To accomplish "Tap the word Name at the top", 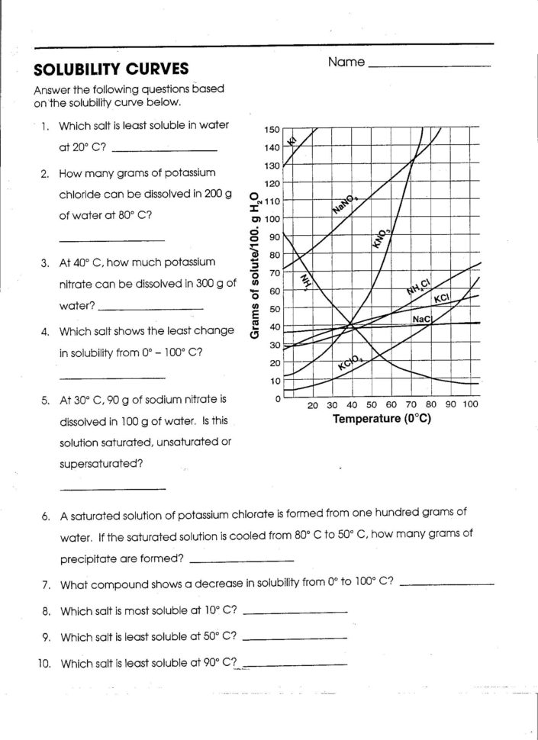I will click(346, 62).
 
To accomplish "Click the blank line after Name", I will click(429, 67).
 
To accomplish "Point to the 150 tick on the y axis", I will click(272, 130).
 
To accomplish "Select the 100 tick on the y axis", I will click(272, 220).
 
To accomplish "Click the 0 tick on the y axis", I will click(277, 398).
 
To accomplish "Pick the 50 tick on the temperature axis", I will click(372, 405).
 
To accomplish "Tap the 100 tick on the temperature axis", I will click(469, 405).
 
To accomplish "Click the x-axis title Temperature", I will click(382, 419).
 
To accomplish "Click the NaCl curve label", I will click(421, 319).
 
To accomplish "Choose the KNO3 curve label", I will click(381, 240).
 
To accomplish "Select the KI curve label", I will click(291, 139).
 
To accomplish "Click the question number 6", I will click(46, 516).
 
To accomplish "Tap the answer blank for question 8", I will click(294, 613).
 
